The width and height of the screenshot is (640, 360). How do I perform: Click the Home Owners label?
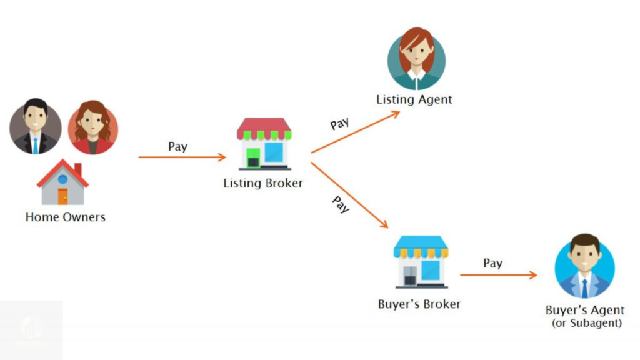(65, 217)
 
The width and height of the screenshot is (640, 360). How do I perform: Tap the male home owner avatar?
(35, 127)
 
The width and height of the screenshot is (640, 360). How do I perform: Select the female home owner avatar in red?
(92, 127)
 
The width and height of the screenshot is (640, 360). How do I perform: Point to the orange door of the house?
(62, 196)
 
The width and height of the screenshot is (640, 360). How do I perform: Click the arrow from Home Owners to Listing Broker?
(181, 157)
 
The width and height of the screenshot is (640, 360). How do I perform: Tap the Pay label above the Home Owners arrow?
(177, 147)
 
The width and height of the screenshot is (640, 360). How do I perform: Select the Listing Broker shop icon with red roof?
(264, 143)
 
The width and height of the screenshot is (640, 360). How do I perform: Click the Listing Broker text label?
(263, 184)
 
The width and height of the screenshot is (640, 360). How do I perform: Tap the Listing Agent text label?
(414, 99)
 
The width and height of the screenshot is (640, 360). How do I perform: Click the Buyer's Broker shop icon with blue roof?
(421, 261)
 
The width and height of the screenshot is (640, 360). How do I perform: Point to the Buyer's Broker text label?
(419, 304)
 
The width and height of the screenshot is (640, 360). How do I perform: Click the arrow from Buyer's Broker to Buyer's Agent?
(498, 275)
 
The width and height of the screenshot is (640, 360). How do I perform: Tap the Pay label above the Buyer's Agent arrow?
(492, 263)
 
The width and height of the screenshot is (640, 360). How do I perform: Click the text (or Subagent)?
(586, 323)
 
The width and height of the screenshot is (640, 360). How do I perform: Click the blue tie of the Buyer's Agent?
(584, 288)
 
